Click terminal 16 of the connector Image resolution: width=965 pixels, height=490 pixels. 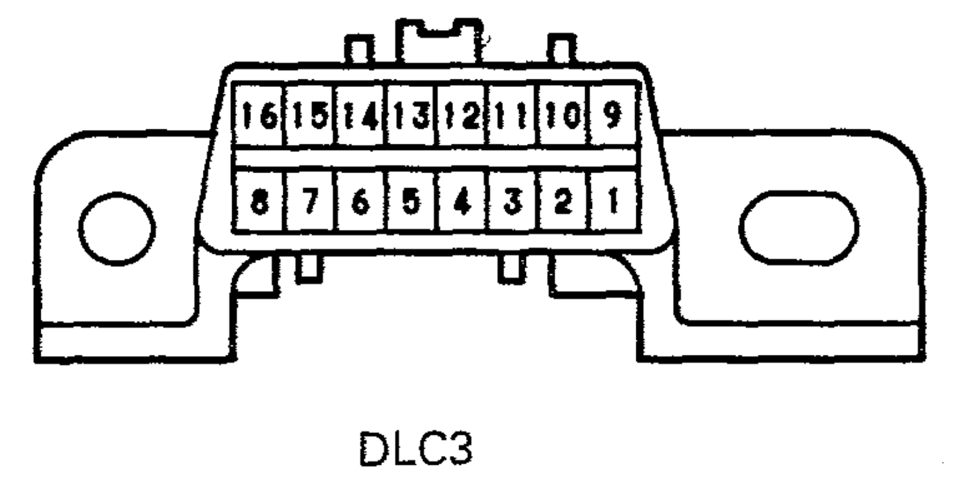[258, 116]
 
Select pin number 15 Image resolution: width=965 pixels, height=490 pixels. [310, 116]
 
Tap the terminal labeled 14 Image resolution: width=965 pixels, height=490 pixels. [360, 116]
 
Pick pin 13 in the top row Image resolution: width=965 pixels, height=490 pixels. [411, 116]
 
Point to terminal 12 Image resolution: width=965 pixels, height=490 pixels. [462, 116]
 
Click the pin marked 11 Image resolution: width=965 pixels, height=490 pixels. [513, 116]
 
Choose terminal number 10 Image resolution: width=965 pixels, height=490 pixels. [563, 116]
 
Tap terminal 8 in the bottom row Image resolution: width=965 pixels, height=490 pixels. [260, 201]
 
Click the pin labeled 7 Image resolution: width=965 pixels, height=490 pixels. [310, 201]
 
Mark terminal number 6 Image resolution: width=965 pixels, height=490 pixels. [360, 201]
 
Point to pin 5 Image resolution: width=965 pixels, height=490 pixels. [411, 201]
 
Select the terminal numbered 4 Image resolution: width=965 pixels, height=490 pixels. [462, 201]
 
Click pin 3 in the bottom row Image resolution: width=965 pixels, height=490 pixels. [513, 201]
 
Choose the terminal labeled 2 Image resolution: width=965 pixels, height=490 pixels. [563, 201]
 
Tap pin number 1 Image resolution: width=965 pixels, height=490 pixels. [613, 201]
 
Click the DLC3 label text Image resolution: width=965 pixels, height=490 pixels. [416, 449]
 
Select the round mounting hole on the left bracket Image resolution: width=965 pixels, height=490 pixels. [117, 228]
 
